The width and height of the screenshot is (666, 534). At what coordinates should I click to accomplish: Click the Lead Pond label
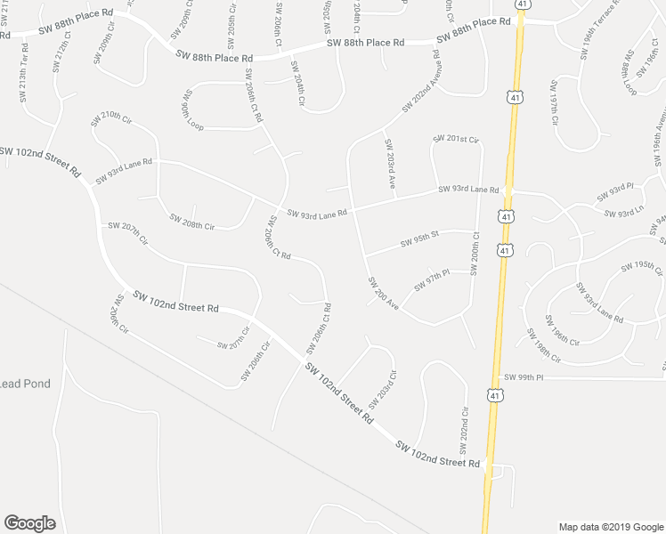click(x=25, y=384)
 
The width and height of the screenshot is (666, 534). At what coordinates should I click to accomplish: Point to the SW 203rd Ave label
click(x=390, y=164)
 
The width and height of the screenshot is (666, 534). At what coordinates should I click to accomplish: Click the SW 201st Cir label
click(x=456, y=140)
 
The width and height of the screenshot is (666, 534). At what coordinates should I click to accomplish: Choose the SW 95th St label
click(x=420, y=240)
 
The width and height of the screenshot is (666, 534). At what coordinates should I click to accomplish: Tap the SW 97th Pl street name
click(x=433, y=283)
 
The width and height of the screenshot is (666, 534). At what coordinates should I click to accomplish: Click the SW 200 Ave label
click(x=384, y=293)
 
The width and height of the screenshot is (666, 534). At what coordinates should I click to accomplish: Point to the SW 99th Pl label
click(x=524, y=377)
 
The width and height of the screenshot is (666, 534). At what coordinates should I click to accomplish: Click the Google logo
click(x=29, y=523)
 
